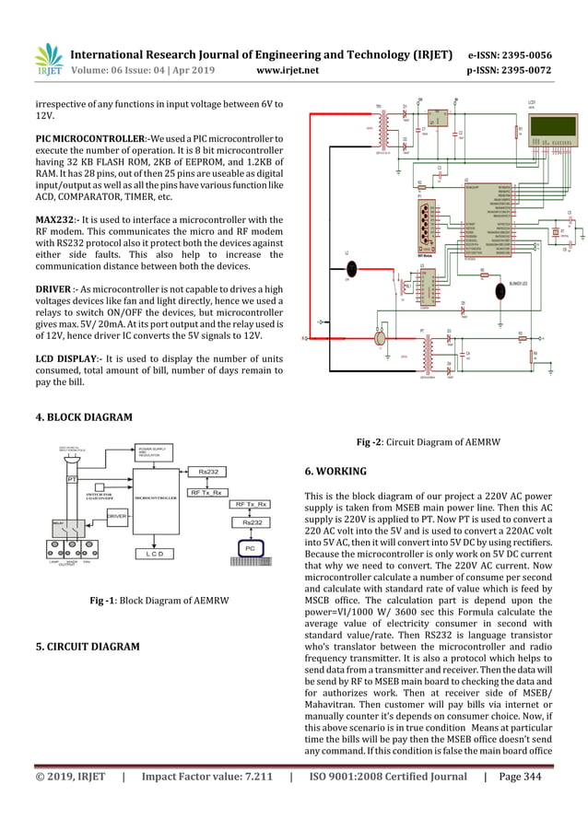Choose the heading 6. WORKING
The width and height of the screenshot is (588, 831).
(335, 471)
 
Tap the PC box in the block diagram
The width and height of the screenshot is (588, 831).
(249, 548)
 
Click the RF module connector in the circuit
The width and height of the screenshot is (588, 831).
(427, 221)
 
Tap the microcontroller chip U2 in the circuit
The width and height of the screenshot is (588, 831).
(488, 217)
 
